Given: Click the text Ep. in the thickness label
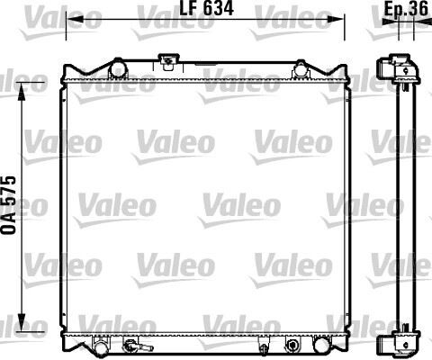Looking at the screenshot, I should click(393, 9).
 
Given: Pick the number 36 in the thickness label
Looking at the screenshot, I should click(418, 9).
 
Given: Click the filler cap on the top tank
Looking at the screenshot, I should click(166, 62).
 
